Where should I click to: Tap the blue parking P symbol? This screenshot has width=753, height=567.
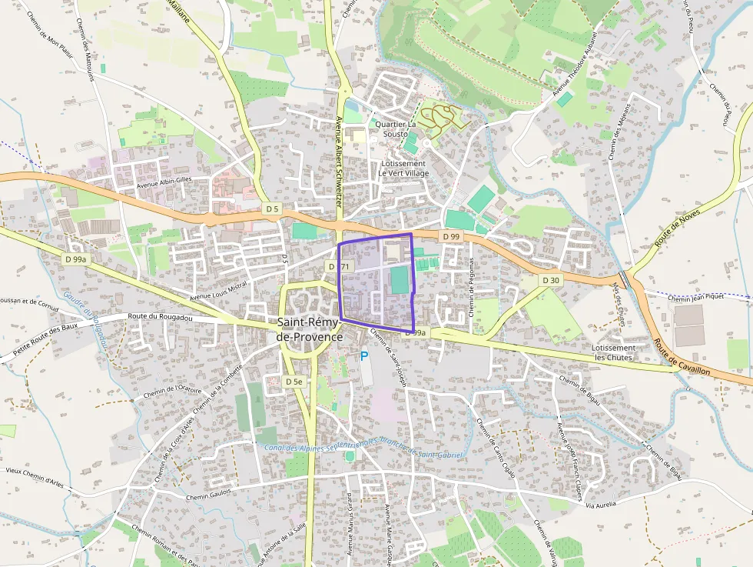(x=364, y=355)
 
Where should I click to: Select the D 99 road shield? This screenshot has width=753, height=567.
(x=450, y=236)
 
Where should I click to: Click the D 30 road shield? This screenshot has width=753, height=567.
(x=550, y=280)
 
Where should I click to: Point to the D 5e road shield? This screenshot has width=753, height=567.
(x=294, y=382)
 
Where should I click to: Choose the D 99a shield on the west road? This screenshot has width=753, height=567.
(x=77, y=260)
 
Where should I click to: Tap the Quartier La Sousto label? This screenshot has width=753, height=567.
(x=396, y=128)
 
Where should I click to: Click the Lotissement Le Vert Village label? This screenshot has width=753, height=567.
(x=403, y=168)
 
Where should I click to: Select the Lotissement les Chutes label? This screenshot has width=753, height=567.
(x=612, y=352)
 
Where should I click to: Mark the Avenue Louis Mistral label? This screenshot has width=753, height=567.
(x=218, y=291)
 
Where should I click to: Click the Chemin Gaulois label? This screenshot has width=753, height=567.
(x=208, y=496)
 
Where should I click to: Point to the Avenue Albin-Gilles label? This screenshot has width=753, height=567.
(x=163, y=183)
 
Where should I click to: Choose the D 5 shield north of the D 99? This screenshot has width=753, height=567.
(x=272, y=208)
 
